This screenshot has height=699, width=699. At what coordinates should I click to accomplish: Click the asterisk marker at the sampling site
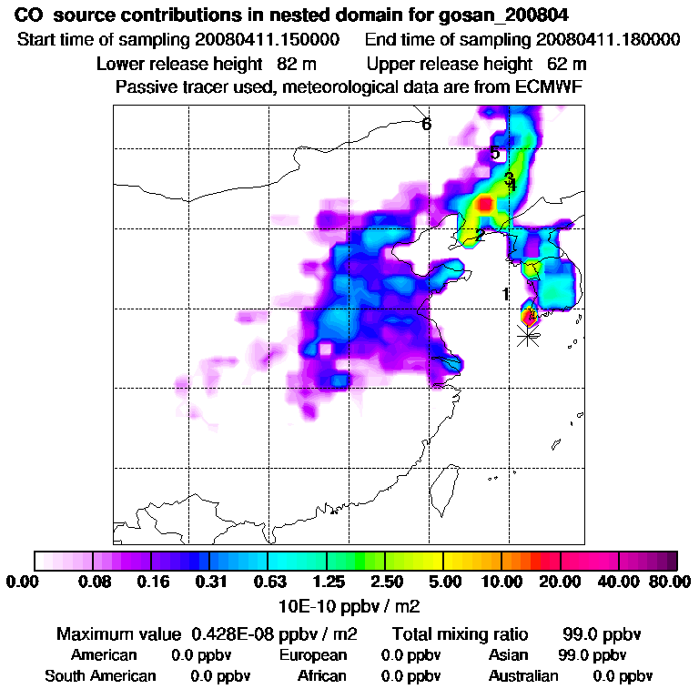pos(527,336)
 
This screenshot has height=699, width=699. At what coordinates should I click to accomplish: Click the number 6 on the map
pos(426,125)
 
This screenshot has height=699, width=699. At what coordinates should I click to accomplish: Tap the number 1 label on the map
pos(505,294)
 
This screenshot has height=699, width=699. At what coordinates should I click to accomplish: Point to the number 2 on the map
pos(480,236)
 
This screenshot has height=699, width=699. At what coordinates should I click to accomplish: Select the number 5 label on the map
pos(495,153)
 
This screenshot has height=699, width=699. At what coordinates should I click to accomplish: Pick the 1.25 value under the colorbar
pos(328,582)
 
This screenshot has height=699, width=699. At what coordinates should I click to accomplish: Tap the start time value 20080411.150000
pos(267,40)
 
